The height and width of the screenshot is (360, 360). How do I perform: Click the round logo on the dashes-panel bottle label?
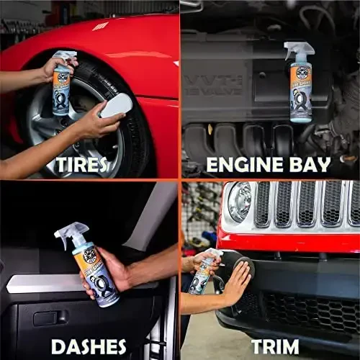coord(90,256)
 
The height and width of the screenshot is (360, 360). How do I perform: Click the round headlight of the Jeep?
coord(240,202)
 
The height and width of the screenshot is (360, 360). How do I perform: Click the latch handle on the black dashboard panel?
coord(48,318)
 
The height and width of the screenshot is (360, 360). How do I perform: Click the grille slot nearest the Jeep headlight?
coord(264,204)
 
